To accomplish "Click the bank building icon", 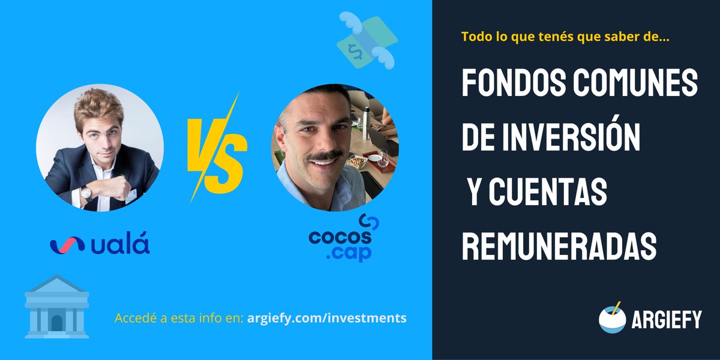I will (x=56, y=307).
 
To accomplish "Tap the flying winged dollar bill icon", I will (x=365, y=40).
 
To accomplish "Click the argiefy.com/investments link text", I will (x=326, y=317).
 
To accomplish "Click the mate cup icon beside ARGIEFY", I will (x=613, y=319).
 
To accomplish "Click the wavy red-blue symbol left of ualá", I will (x=68, y=245).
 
